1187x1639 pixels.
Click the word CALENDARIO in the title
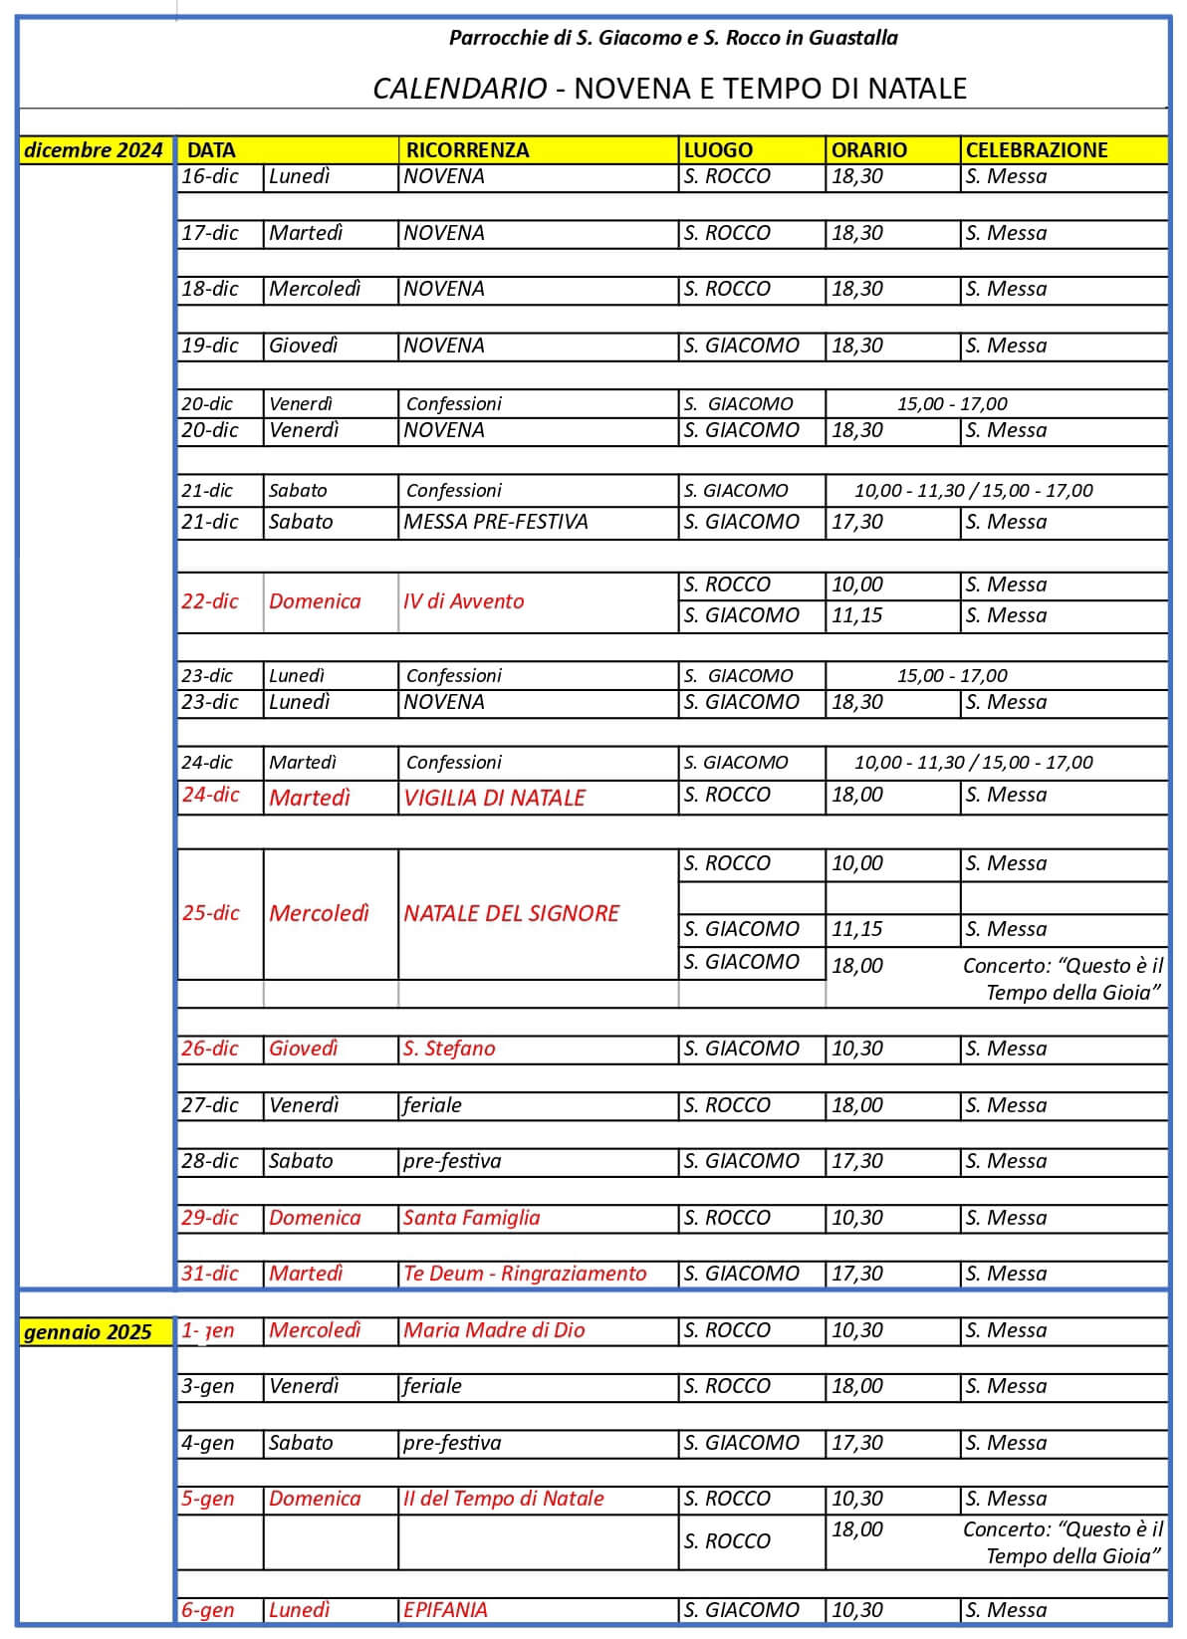[459, 89]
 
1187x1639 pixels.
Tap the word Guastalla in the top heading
[853, 38]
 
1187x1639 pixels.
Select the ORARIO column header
[869, 150]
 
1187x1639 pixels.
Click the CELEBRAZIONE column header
[1036, 150]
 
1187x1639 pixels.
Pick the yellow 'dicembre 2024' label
[93, 150]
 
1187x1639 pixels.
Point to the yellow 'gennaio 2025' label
[88, 1332]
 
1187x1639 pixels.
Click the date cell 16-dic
[210, 176]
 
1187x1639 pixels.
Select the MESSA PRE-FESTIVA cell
[495, 522]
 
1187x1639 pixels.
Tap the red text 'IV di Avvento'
[463, 601]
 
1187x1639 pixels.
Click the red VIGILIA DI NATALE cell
[494, 798]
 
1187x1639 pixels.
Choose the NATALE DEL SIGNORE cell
[511, 913]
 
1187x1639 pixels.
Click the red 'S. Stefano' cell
[449, 1049]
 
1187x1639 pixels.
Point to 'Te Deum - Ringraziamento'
[525, 1274]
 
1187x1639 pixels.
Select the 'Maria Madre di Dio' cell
[494, 1330]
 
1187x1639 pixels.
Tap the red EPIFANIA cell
[445, 1610]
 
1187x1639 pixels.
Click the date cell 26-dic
[210, 1049]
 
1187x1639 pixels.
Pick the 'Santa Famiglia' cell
[471, 1218]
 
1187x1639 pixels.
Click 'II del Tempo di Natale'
[503, 1499]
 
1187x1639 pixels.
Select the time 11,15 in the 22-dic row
[857, 615]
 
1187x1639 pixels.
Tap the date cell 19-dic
[210, 346]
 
